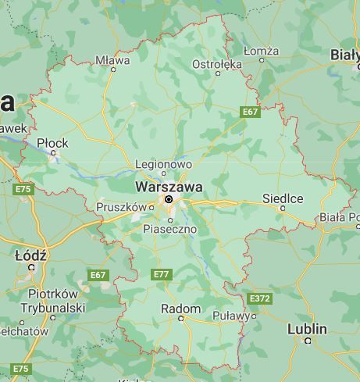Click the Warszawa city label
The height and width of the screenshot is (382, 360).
point(169,187)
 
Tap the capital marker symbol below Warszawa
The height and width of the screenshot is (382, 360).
point(168,199)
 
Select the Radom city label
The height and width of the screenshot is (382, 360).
point(180,309)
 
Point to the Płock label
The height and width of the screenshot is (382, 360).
point(53,143)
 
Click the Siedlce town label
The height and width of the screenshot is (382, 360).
point(283,198)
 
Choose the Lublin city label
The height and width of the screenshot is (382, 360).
point(307,328)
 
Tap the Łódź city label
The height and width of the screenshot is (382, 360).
point(31,255)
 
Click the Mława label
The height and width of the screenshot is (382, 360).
point(112,59)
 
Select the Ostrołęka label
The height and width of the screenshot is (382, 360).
point(217,63)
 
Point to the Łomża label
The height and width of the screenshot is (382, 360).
point(261,51)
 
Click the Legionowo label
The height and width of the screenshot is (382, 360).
point(163,165)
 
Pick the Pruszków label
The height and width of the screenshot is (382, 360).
point(121,206)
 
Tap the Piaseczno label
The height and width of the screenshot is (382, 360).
point(166,229)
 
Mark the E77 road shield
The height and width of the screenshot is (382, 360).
point(161,274)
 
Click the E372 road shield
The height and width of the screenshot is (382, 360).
point(259,298)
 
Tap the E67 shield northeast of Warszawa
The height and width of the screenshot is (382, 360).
point(249,112)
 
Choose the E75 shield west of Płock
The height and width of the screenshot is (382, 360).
point(23,189)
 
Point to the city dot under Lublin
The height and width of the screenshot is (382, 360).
point(308,340)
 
